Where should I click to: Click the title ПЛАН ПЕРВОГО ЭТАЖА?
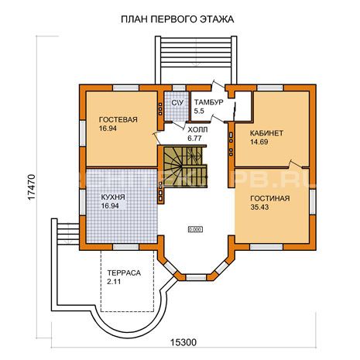[177, 19]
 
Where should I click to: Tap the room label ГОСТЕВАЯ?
[118, 120]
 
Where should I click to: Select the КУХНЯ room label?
[113, 197]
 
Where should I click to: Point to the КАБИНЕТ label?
[266, 133]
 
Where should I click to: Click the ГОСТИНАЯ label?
[270, 198]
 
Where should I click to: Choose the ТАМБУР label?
[209, 102]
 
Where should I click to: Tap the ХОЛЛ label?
[197, 129]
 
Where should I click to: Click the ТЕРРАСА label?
[124, 273]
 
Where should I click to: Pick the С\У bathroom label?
[177, 102]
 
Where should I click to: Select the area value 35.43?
[259, 207]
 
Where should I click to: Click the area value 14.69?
[259, 142]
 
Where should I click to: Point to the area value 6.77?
[194, 139]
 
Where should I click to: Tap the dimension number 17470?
[32, 187]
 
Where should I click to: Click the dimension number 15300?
[183, 342]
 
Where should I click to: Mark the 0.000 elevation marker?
[195, 229]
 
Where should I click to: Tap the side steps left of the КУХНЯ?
[68, 234]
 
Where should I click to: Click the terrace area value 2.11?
[114, 282]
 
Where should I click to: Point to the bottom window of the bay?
[196, 278]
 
